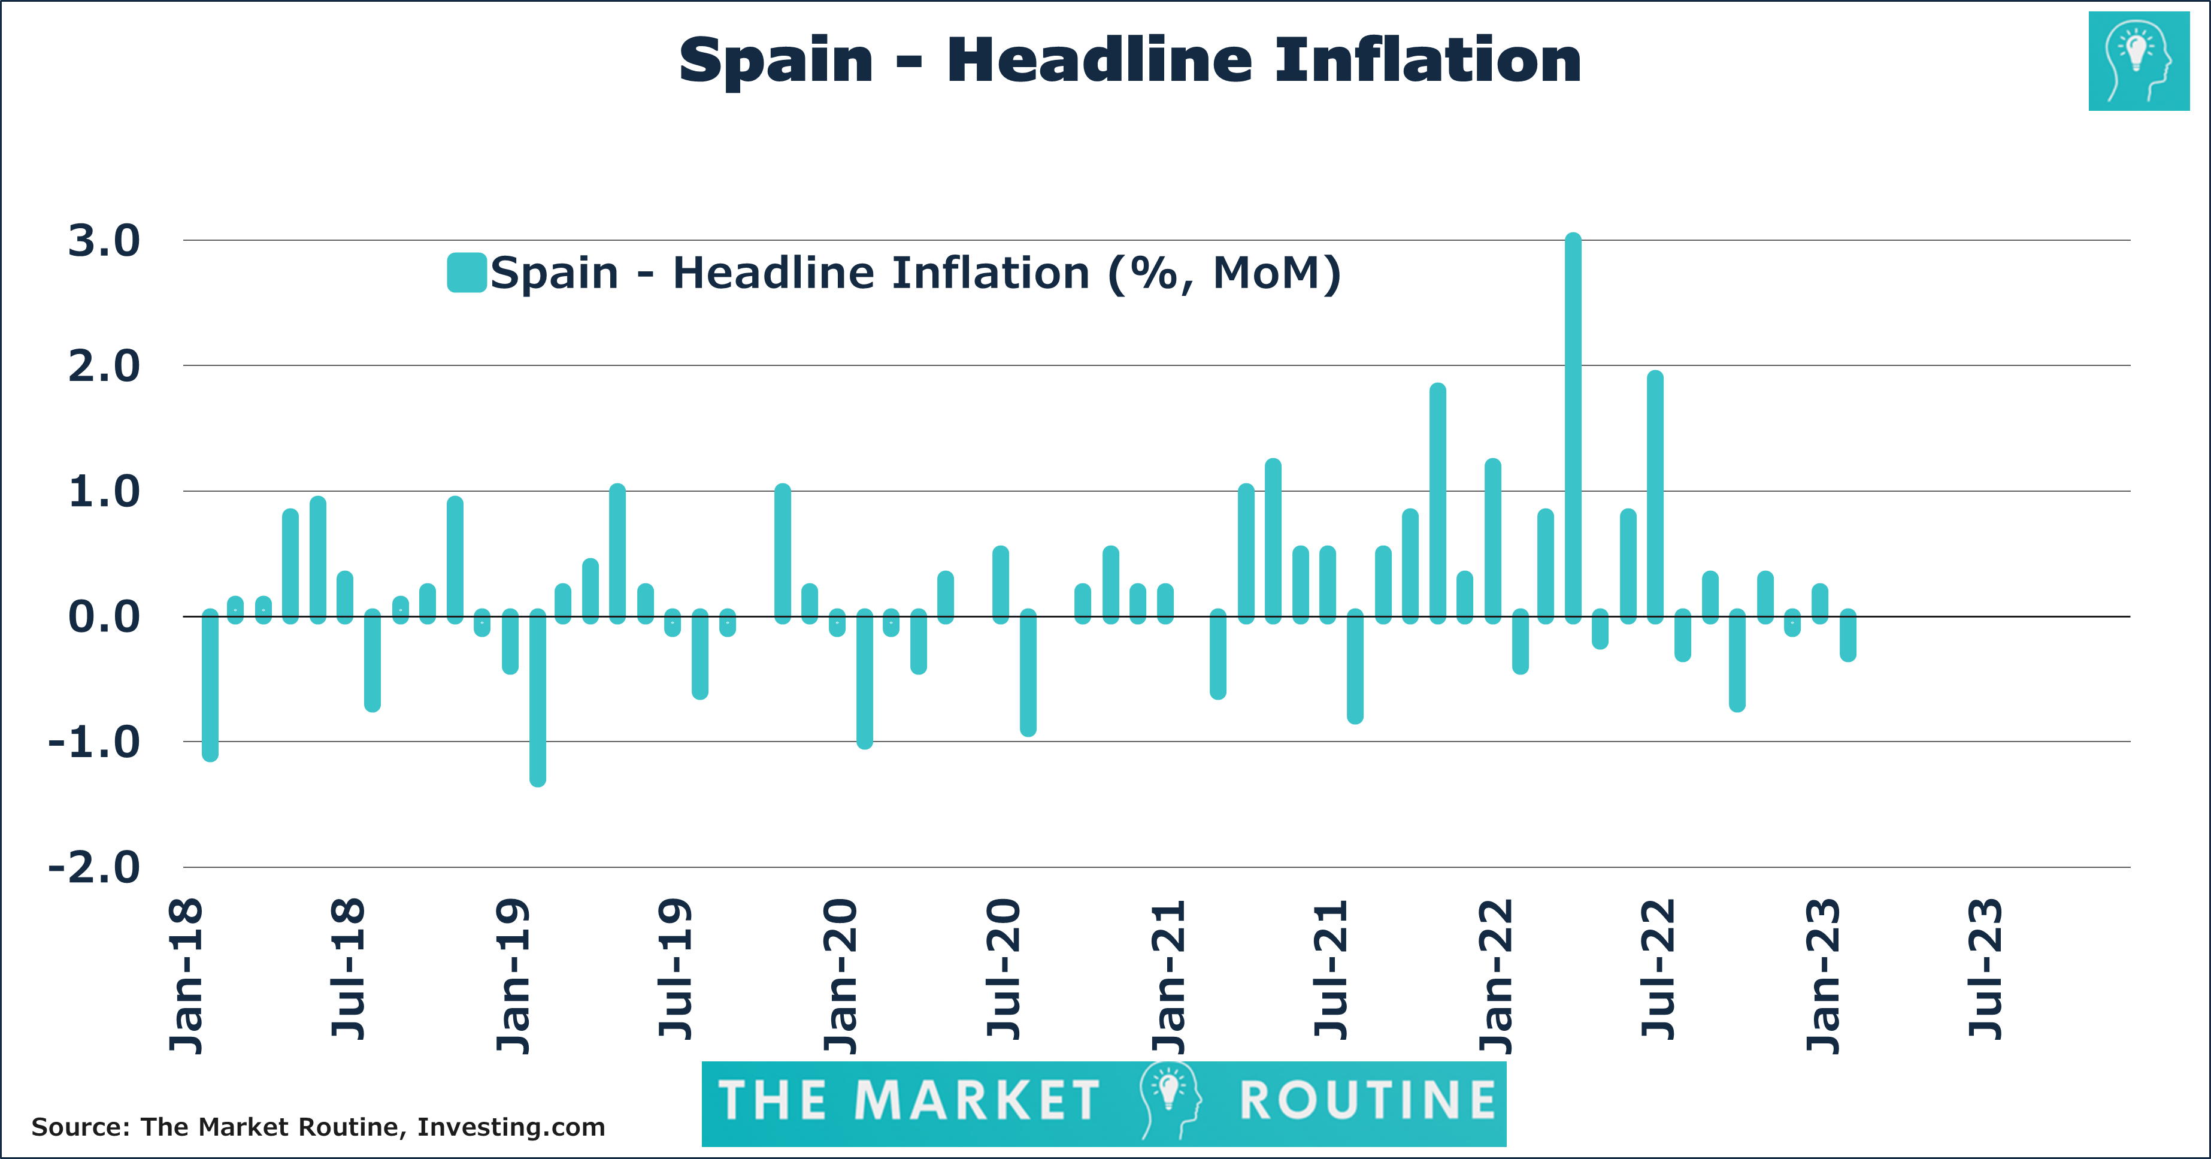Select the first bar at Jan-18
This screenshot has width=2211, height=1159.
[x=210, y=685]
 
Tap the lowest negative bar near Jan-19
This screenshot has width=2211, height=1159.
[x=537, y=697]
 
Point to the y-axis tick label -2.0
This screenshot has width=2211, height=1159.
[x=95, y=867]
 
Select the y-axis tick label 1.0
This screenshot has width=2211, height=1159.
[x=104, y=492]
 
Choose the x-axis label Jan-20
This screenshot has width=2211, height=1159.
[x=840, y=976]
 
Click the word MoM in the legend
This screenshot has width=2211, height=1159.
[x=1266, y=273]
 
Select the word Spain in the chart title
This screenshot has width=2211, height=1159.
[x=775, y=62]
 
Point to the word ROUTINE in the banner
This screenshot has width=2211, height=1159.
[x=1367, y=1101]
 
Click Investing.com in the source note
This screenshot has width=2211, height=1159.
[x=511, y=1127]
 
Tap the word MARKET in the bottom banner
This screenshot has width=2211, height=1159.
[x=977, y=1101]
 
